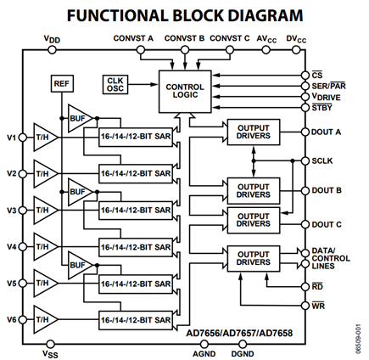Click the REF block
(62, 83)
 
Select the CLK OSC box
(115, 84)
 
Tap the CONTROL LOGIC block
(185, 92)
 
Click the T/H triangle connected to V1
(45, 138)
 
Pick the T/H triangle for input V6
(45, 319)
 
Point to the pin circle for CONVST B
(185, 50)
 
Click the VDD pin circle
(52, 50)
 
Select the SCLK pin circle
(305, 160)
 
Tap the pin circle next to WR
(305, 306)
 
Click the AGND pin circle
(204, 344)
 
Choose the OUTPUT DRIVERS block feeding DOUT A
(254, 132)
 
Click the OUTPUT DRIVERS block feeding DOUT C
(254, 220)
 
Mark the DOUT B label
(327, 190)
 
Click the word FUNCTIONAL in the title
(117, 15)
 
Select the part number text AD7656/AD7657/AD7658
(239, 333)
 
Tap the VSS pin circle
(50, 344)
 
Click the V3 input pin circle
(23, 211)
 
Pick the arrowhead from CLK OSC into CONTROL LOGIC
(154, 84)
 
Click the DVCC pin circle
(296, 50)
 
